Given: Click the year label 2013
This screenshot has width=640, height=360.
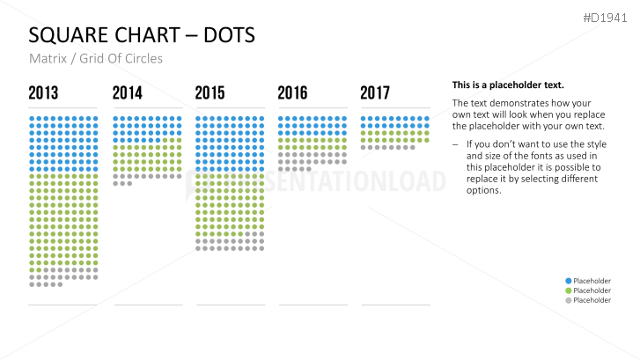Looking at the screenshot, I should pos(43,92).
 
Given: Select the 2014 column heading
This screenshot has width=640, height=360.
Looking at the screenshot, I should pos(127,92).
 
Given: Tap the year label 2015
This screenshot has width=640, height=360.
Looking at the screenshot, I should pos(210,92).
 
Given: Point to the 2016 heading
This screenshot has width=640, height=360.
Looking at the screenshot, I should pos(292,92).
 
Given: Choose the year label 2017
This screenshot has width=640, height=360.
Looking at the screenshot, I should pos(375,92).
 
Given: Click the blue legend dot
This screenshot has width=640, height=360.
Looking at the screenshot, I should pos(568,281).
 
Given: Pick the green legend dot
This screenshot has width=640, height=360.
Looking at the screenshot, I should pos(568,290).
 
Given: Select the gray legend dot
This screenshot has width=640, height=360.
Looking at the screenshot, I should pos(568,300).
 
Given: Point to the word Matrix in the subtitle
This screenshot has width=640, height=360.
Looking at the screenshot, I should pos(46,59).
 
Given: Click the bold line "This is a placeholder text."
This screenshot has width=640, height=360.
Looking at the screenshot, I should pos(508,85).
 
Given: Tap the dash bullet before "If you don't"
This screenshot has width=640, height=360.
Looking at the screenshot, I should pos(455,143).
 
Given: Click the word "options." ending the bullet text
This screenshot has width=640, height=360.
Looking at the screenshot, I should pos(484,190).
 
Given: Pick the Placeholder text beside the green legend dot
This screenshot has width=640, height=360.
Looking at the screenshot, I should pos(592,290).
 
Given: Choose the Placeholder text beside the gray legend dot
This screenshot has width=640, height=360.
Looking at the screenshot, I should pos(592,300).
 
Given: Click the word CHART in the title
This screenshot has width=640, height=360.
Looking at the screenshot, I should pos(145,36).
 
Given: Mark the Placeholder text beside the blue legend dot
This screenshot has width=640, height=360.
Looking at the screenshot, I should pos(592,281).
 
